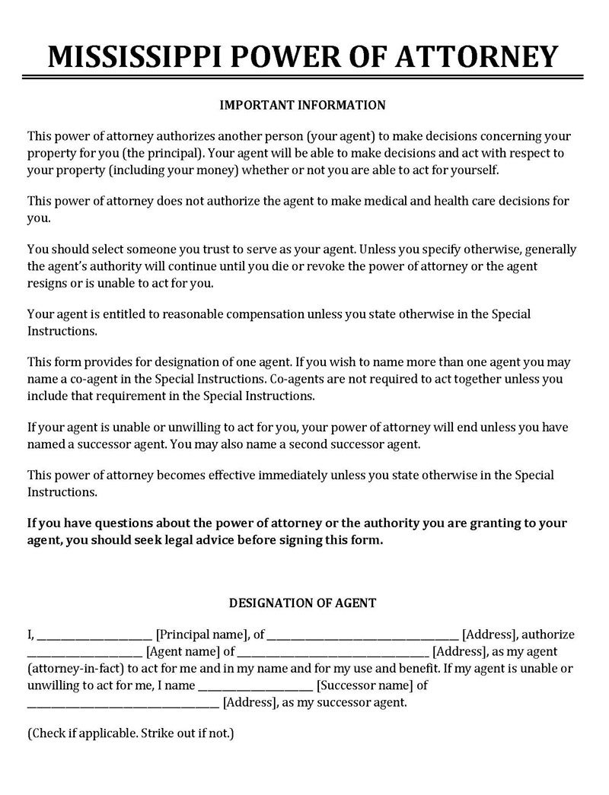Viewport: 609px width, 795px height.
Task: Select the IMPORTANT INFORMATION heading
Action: coord(303,104)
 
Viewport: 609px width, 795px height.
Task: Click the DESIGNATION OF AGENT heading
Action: coord(303,603)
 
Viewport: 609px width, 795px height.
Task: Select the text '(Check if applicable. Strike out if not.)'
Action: coord(130,734)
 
